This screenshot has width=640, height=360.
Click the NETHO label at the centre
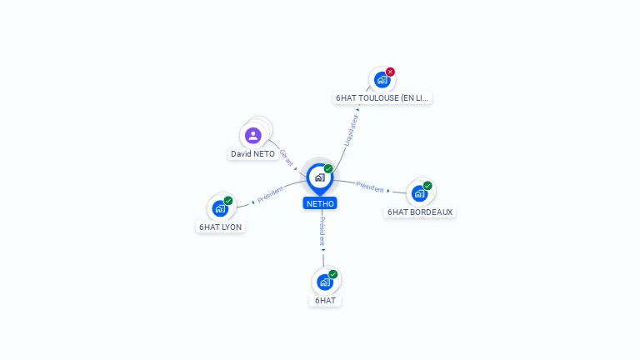320,203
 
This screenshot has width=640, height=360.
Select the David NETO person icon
253,136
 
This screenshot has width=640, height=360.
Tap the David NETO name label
252,154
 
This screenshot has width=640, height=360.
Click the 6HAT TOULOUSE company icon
382,80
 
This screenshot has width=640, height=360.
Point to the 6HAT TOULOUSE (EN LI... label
382,98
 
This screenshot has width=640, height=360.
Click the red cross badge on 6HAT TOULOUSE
390,72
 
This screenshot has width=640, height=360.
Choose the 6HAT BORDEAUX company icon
419,193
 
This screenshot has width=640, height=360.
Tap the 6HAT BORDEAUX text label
420,212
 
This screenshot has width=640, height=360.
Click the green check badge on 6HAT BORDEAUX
427,186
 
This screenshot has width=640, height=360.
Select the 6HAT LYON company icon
220,208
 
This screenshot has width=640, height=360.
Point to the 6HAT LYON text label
221,227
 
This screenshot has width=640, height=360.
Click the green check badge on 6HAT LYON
228,201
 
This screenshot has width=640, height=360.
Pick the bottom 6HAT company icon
325,282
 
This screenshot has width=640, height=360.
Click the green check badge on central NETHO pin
328,169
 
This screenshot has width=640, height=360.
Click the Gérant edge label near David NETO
286,157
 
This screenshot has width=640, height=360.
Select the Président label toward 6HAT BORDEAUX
370,187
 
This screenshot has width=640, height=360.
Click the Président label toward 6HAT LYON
271,195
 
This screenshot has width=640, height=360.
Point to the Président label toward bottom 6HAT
322,230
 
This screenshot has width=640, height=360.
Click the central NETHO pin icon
319,177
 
